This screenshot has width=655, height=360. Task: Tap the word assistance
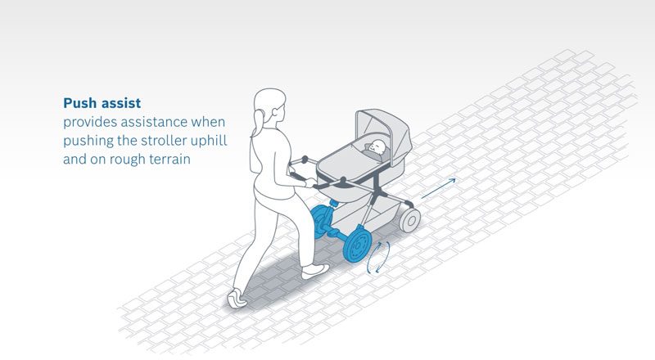tap(154, 122)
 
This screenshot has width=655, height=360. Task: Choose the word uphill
tap(209, 141)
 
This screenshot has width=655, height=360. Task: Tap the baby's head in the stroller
tap(377, 146)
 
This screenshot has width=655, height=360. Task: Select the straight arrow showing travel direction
tap(438, 188)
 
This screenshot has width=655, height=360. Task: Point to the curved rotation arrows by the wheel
tap(378, 257)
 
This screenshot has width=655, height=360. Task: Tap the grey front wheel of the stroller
tap(410, 219)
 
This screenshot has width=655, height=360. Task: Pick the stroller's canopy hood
tap(384, 128)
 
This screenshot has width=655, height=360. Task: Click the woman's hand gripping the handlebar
tap(310, 182)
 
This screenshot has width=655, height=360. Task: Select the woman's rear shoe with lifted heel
tap(237, 299)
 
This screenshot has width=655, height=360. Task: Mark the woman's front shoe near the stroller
tap(315, 272)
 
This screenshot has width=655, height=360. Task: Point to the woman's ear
tap(276, 112)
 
